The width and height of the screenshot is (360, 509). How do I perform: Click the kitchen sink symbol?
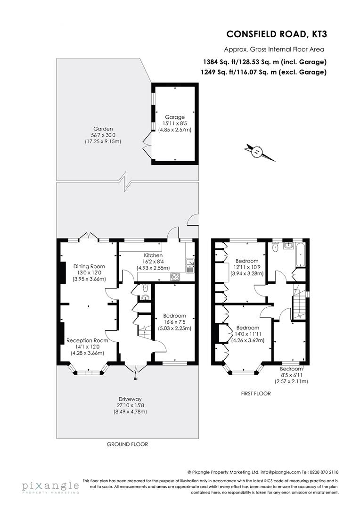[190, 265]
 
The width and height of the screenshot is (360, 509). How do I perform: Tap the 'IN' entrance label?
[136, 378]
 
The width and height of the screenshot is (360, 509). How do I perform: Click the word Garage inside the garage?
[174, 117]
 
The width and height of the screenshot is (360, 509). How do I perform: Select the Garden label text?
[103, 128]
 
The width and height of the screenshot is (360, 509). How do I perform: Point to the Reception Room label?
[87, 340]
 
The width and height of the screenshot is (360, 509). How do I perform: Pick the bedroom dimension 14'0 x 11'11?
[247, 334]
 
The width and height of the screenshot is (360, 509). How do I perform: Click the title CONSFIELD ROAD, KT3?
[276, 34]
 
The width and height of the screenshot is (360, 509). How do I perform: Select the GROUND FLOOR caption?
[127, 444]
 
